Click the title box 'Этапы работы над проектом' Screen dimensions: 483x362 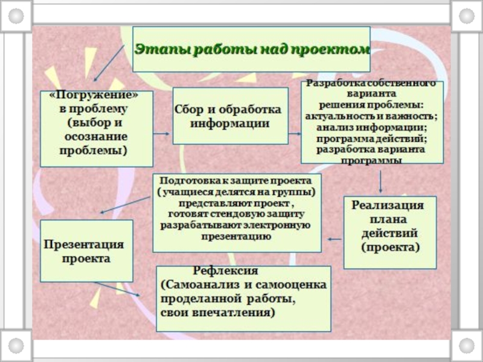tap(251, 49)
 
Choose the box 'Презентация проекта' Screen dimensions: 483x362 tap(86, 251)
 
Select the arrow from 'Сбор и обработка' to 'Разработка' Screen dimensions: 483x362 tap(294, 134)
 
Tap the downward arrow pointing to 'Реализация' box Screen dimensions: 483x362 tap(381, 181)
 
